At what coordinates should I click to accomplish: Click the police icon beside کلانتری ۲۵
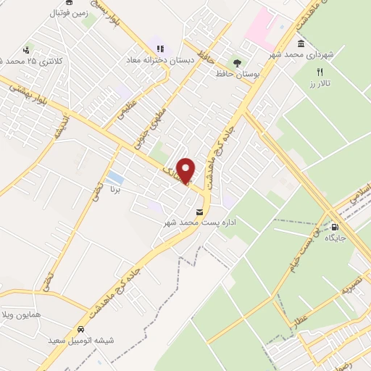click(x=27, y=49)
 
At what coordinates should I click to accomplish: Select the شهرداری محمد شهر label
click(x=301, y=55)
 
